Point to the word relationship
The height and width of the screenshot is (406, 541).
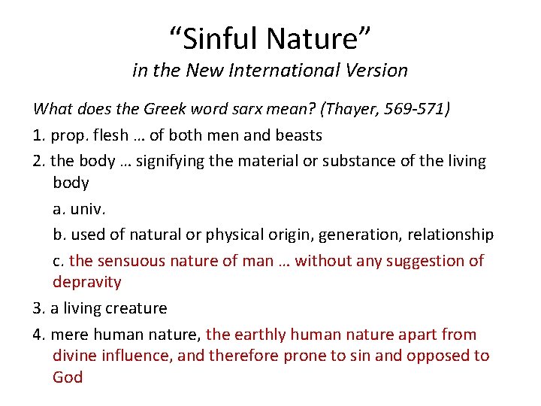pyautogui.click(x=451, y=235)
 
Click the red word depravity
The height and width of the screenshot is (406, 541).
pyautogui.click(x=86, y=282)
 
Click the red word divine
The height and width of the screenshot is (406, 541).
pyautogui.click(x=74, y=356)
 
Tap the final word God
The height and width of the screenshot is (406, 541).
pyautogui.click(x=68, y=377)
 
